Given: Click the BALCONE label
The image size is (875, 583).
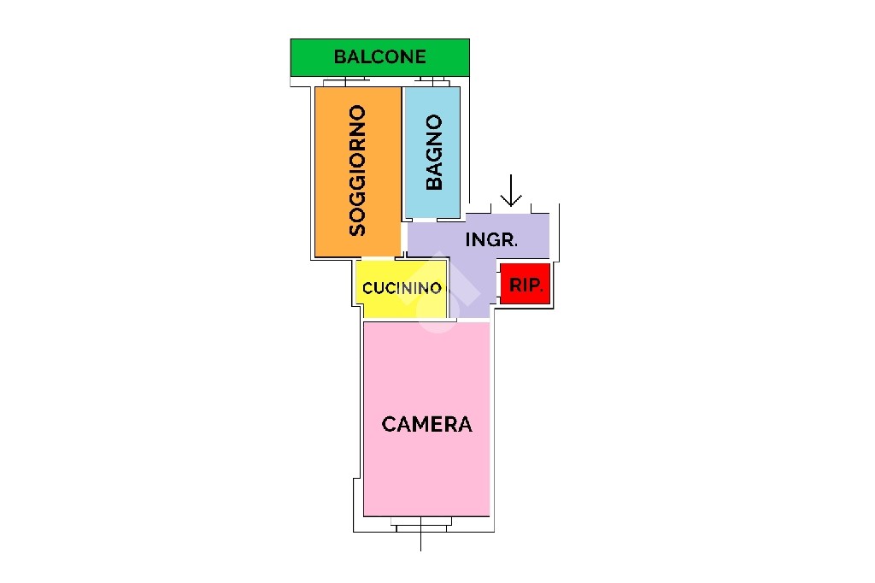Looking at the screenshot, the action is (380, 56).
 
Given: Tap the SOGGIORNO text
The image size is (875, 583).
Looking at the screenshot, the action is (357, 170).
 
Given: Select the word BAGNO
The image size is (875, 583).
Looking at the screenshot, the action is (433, 152).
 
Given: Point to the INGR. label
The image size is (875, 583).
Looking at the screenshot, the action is (491, 239).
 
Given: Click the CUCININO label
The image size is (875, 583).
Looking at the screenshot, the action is (402, 288).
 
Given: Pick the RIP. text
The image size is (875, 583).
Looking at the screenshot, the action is (526, 286).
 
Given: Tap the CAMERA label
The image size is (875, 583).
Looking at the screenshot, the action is (427, 424).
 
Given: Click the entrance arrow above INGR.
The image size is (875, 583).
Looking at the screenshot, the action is (511, 191).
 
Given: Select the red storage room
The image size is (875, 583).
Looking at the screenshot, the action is (526, 285).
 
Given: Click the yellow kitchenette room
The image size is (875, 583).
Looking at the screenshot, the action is (402, 289).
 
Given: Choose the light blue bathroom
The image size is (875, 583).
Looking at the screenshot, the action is (432, 152).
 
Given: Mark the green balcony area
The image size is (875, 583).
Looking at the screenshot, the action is (380, 57).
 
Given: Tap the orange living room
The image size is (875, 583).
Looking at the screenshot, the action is (358, 172).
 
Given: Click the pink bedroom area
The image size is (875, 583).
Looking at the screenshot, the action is (427, 419).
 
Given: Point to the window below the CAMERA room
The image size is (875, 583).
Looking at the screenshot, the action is (420, 524).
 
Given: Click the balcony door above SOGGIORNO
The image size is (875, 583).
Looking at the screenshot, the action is (346, 81).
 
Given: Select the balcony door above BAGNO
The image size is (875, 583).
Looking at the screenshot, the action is (432, 81).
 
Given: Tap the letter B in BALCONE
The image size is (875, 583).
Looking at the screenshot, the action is (339, 56).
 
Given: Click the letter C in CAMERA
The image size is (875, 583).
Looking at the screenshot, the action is (390, 424).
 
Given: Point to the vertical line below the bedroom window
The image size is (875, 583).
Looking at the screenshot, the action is (420, 542).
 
